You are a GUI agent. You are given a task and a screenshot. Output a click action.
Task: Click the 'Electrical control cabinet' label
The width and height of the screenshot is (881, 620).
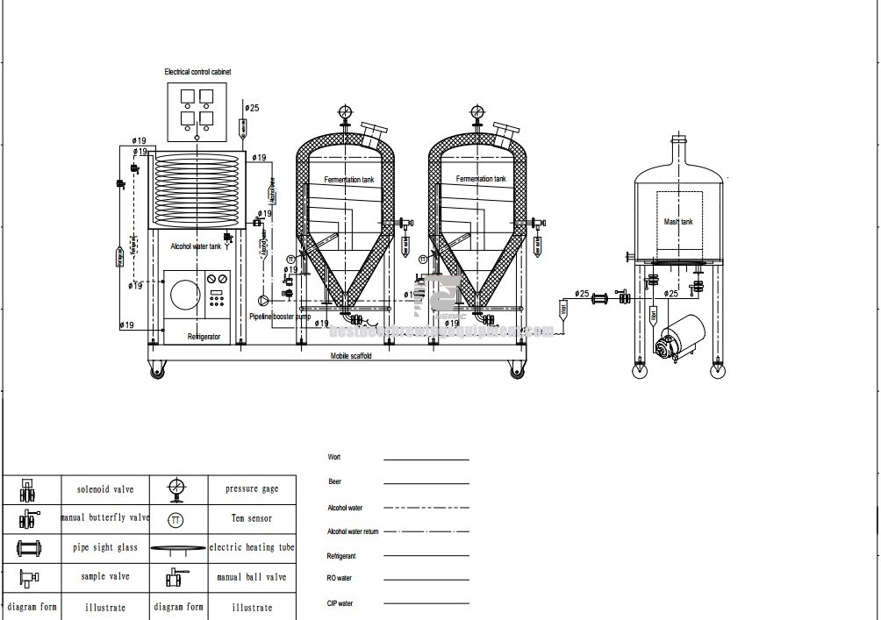point(197,71)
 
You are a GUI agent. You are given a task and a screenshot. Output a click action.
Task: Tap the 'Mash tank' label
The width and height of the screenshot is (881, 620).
point(678,223)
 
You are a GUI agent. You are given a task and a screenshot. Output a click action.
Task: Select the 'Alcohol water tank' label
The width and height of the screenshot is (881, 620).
point(195,247)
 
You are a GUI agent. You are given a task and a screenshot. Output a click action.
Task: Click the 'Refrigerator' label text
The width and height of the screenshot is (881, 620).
point(204,337)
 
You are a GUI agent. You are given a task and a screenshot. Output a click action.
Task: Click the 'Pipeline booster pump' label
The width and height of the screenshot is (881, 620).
point(279,316)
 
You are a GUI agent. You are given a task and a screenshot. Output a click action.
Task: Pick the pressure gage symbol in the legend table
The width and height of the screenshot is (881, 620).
point(177,488)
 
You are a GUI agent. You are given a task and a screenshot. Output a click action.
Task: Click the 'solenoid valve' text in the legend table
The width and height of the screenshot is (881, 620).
point(105,488)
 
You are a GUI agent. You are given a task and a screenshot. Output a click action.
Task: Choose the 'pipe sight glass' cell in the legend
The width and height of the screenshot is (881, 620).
point(105,547)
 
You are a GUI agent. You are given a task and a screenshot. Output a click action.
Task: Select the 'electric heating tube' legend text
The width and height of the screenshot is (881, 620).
point(252,547)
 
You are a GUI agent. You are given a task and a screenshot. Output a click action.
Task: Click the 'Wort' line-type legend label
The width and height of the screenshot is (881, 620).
point(333,458)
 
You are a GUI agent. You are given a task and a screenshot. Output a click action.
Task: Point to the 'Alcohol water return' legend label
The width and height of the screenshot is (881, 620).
point(353,531)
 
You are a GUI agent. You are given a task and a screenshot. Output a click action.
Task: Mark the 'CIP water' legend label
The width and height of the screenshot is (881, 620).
point(340,603)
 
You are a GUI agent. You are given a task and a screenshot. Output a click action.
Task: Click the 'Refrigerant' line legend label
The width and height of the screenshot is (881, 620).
point(341,556)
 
